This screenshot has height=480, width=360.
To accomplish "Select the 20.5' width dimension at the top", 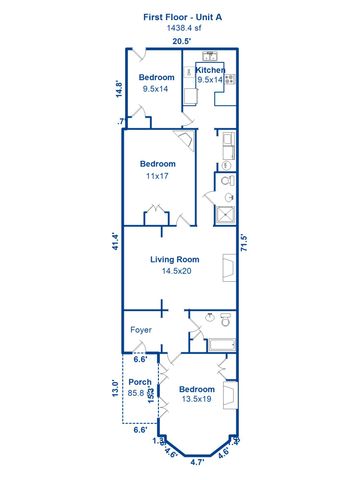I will [181, 42].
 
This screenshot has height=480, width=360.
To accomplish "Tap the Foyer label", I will [141, 328].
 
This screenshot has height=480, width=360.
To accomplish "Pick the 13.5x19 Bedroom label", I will [197, 394].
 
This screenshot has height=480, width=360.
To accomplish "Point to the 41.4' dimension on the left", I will [116, 242].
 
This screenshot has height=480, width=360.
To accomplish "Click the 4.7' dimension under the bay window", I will [197, 463].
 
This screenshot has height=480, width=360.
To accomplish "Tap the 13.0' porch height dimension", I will [114, 388].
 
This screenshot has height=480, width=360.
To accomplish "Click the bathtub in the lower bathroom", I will [217, 345].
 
